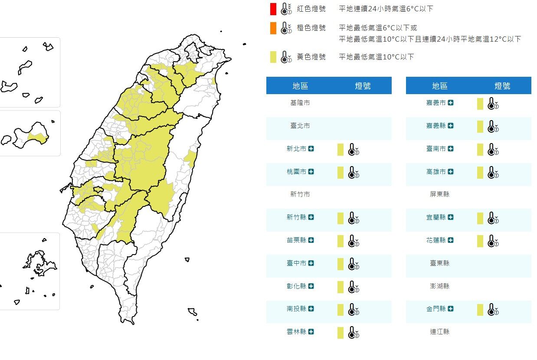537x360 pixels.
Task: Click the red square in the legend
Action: [272, 9]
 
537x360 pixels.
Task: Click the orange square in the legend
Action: [272, 28]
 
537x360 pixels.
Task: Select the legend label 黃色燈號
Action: [311, 57]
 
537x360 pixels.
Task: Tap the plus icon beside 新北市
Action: [311, 149]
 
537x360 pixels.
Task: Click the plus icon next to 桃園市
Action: [311, 172]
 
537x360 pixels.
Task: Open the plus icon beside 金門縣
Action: [451, 309]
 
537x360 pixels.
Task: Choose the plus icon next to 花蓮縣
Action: [451, 240]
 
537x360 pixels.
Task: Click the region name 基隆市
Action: [300, 103]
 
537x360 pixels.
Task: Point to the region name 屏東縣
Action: [440, 194]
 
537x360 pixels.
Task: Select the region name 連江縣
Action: [440, 332]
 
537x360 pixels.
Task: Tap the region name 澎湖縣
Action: [440, 286]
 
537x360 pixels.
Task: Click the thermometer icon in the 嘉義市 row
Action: [493, 104]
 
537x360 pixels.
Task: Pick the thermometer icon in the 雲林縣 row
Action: [354, 333]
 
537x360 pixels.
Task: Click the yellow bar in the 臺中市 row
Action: [341, 264]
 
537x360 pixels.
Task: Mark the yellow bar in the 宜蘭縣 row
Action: [480, 218]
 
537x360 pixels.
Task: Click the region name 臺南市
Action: [436, 149]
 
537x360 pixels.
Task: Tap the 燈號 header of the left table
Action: [363, 86]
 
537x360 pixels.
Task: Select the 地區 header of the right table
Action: [440, 86]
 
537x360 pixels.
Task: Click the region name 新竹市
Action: [300, 194]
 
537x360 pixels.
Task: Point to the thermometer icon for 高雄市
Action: [493, 173]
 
